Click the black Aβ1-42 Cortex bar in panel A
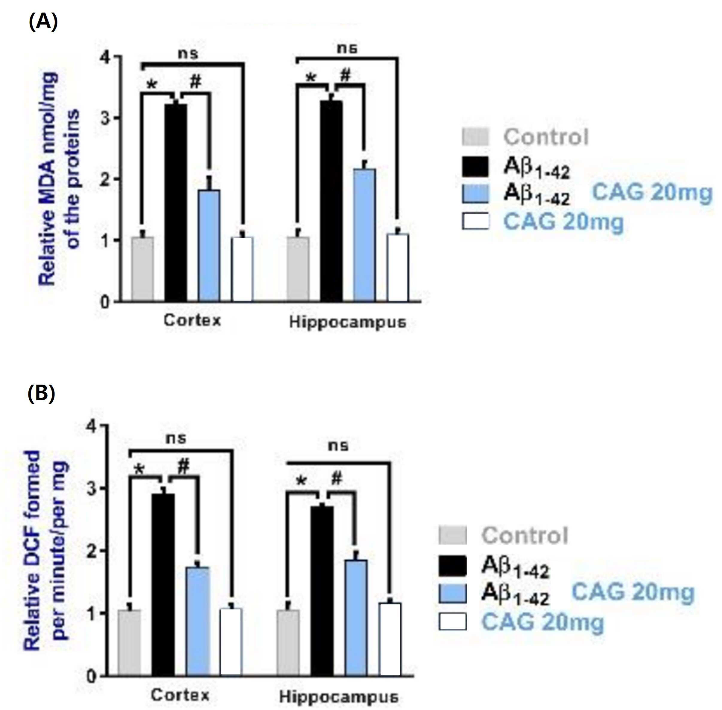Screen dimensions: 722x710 (176, 202)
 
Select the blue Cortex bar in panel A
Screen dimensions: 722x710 (209, 245)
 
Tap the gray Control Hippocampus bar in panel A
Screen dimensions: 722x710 (298, 269)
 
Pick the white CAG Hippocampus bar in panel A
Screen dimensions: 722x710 (398, 267)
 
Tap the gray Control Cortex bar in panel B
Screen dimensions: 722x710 (129, 643)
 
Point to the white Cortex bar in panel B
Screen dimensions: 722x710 (231, 642)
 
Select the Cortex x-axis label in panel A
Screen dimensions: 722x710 (192, 320)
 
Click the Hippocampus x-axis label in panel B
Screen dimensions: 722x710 (339, 697)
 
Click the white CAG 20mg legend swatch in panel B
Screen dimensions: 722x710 (452, 621)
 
